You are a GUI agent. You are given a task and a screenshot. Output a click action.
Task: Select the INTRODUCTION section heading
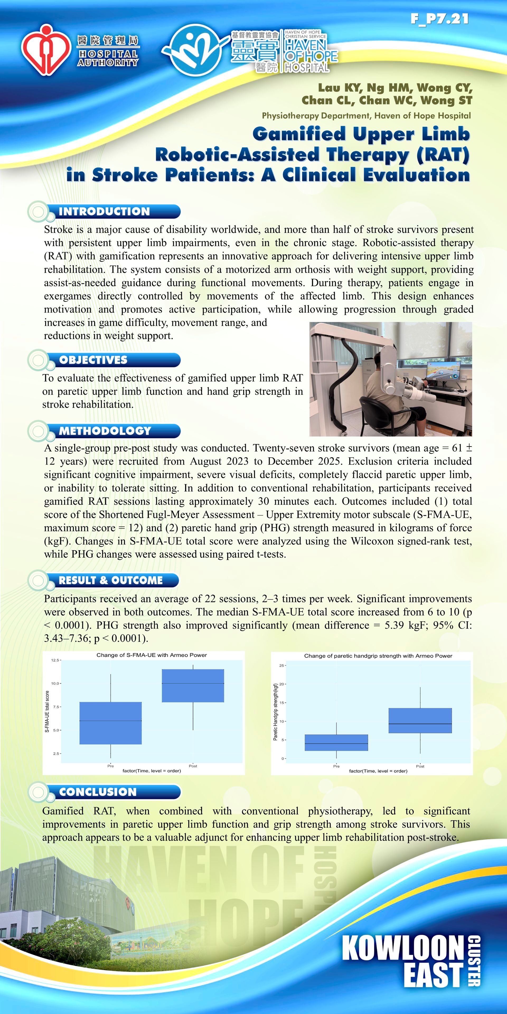click(x=104, y=211)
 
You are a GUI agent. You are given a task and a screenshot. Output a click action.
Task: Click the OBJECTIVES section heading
click(x=93, y=360)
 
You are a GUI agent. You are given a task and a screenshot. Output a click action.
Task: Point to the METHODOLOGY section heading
click(x=105, y=431)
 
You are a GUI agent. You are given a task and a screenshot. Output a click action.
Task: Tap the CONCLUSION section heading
click(x=98, y=792)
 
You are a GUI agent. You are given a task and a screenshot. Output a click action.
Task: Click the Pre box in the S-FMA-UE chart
click(x=111, y=723)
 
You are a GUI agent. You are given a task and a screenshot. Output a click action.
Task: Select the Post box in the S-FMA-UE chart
click(x=193, y=686)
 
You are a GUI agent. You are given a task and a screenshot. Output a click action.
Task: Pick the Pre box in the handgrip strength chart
click(x=336, y=743)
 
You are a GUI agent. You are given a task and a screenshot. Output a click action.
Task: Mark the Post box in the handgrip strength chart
click(x=420, y=720)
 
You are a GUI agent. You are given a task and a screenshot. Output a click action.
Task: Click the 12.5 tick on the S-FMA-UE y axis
click(x=55, y=660)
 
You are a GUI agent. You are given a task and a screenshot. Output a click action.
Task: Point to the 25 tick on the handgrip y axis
click(x=281, y=666)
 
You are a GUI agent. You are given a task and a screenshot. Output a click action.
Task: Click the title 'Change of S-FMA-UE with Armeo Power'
click(x=152, y=655)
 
